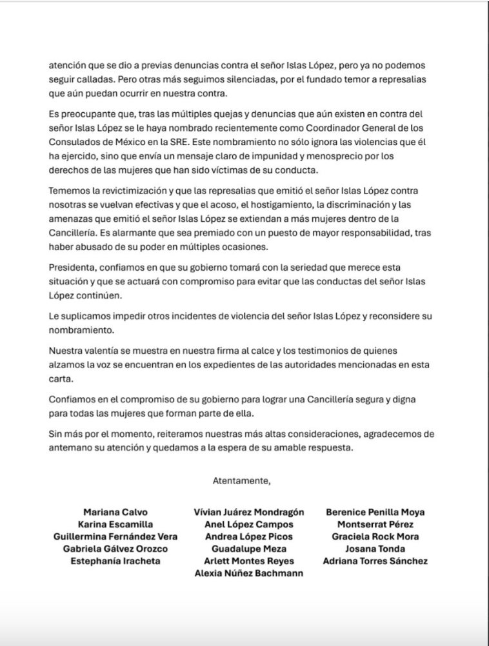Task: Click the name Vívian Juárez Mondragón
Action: pyautogui.click(x=249, y=513)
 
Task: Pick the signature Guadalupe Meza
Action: pyautogui.click(x=249, y=549)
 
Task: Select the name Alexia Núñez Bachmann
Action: pyautogui.click(x=249, y=573)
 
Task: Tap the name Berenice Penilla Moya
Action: pyautogui.click(x=375, y=513)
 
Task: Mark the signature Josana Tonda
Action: pyautogui.click(x=375, y=549)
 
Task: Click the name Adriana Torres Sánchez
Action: pyautogui.click(x=375, y=561)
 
